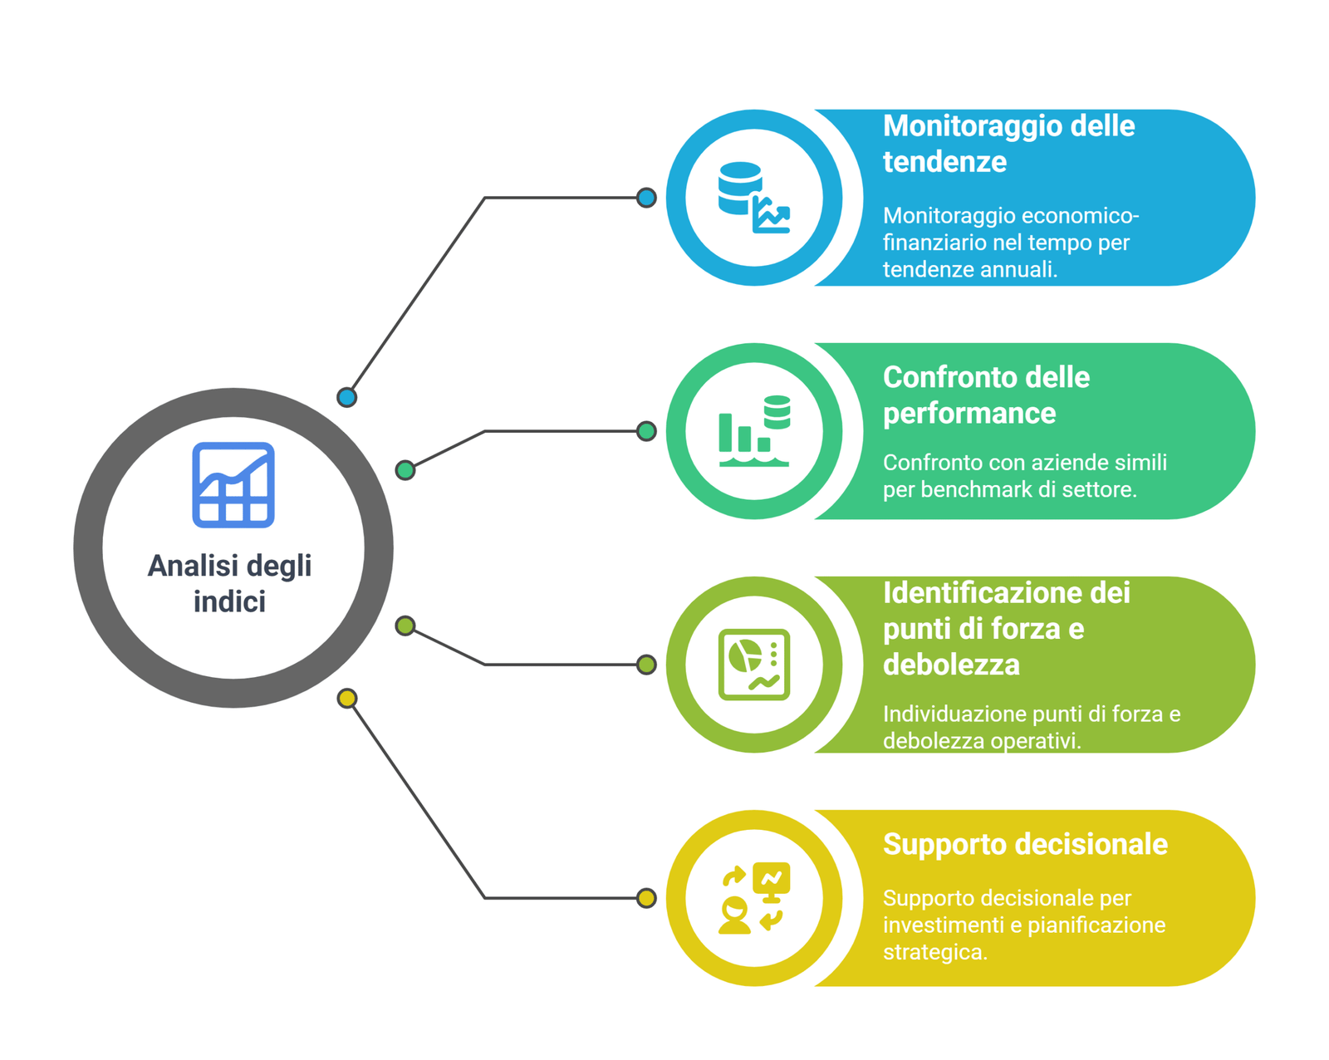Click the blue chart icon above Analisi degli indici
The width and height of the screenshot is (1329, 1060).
tap(233, 484)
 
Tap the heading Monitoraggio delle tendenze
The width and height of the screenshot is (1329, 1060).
tap(1008, 144)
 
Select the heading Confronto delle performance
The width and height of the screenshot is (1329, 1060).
tap(986, 395)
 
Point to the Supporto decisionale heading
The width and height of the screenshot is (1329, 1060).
tap(1024, 844)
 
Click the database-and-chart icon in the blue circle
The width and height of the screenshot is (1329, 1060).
tap(753, 197)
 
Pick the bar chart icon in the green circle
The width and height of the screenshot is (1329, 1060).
tap(753, 430)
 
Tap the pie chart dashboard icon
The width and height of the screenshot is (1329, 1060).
tap(753, 664)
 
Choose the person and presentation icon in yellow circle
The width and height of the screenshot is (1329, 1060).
tap(753, 897)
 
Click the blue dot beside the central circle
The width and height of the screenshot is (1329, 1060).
tap(346, 396)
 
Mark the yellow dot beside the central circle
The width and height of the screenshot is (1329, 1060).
tap(346, 698)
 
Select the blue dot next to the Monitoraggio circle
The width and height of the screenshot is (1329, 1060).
tap(646, 197)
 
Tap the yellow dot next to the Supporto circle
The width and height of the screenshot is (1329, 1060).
tap(646, 897)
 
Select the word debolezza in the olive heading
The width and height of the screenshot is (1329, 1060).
tap(950, 665)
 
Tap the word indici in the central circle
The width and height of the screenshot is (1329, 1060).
tap(229, 601)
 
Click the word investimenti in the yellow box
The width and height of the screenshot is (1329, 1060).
tap(945, 925)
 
